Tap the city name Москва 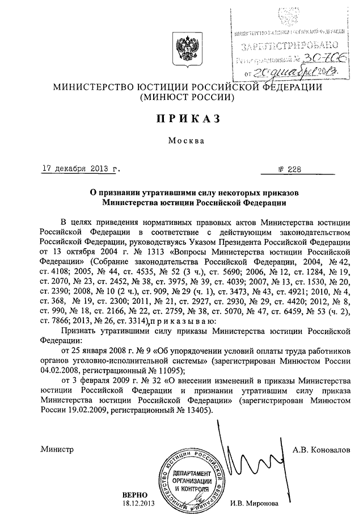coord(183,142)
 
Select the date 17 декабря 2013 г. coord(79,169)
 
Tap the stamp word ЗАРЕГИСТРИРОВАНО coord(289,45)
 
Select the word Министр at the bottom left coord(57,449)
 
